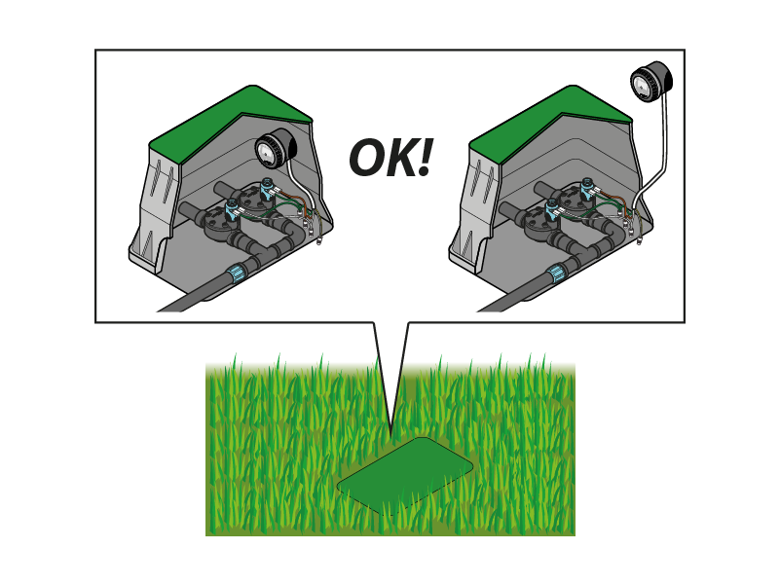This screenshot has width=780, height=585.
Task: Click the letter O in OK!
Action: click(367, 159)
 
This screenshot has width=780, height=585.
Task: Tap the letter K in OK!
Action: click(400, 159)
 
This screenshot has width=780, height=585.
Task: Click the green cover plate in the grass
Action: click(405, 476)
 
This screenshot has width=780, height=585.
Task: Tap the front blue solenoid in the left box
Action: click(232, 209)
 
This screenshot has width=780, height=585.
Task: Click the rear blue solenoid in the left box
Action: click(266, 188)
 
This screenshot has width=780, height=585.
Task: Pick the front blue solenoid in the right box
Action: click(552, 209)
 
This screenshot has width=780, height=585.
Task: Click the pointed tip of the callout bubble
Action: click(391, 437)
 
